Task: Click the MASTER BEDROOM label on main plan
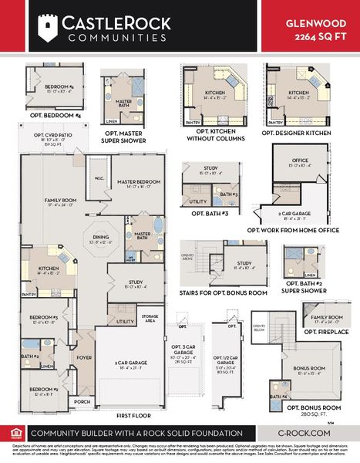click(138, 182)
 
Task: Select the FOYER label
click(83, 357)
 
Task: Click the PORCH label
click(81, 401)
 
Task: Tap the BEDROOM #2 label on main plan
click(44, 390)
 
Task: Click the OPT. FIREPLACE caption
click(325, 332)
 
